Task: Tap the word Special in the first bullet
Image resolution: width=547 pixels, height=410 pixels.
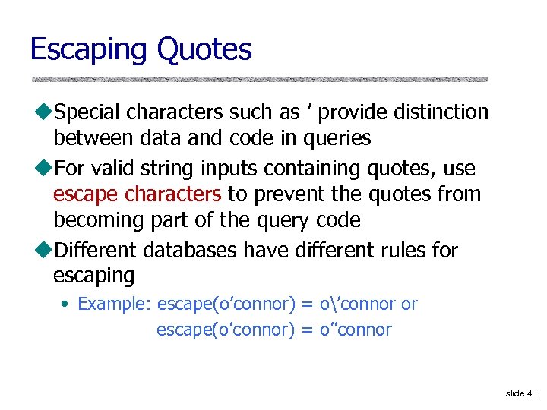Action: click(87, 112)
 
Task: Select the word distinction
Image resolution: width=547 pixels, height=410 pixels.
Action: click(441, 112)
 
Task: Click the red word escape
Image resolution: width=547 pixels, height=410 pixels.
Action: click(86, 194)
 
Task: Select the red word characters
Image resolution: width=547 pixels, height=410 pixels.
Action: click(172, 194)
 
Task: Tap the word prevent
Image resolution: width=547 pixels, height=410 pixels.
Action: click(290, 194)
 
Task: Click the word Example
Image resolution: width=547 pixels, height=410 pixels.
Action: click(115, 304)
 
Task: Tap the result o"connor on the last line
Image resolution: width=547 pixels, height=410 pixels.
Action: click(358, 330)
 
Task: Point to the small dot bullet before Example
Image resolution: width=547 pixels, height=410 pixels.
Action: click(66, 304)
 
